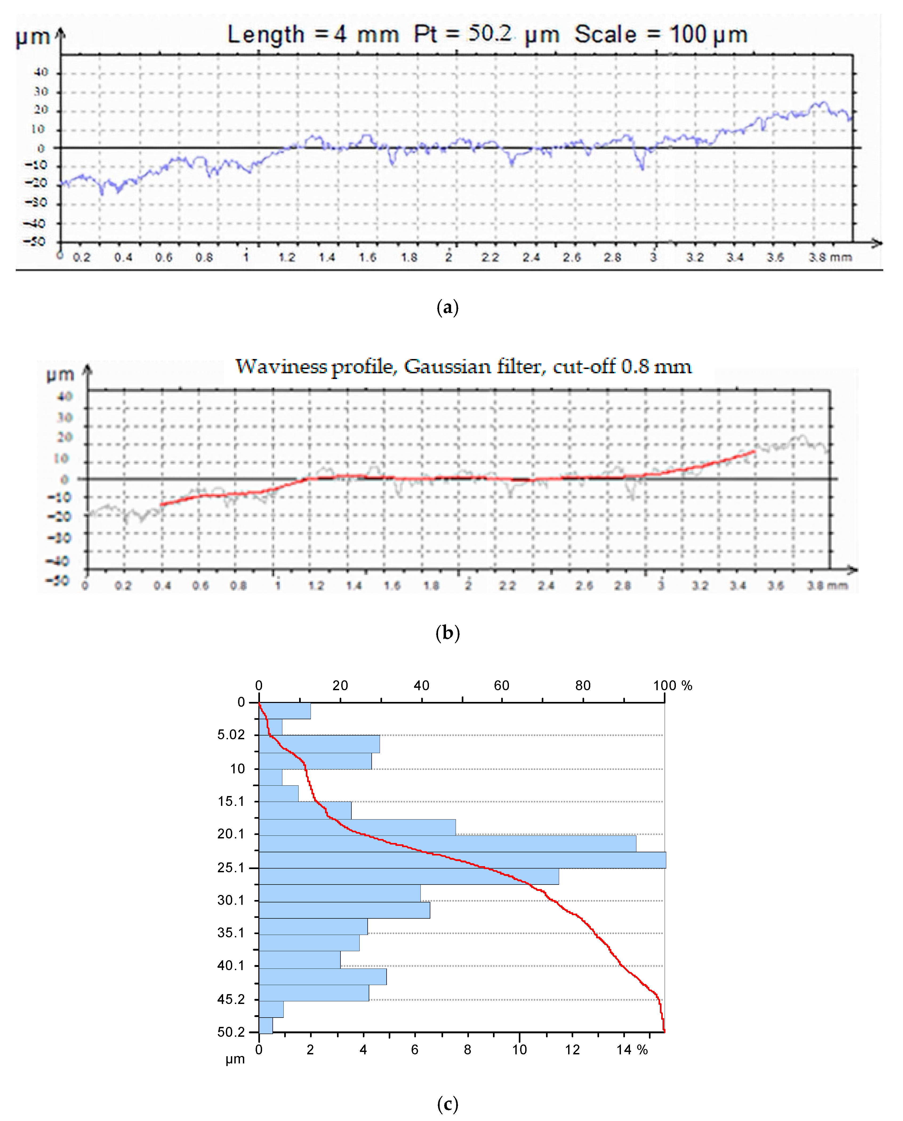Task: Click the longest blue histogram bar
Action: pos(462,860)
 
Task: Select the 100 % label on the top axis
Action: pos(673,686)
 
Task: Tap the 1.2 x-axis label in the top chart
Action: pos(287,257)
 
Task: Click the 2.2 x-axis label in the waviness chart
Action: pos(507,586)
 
